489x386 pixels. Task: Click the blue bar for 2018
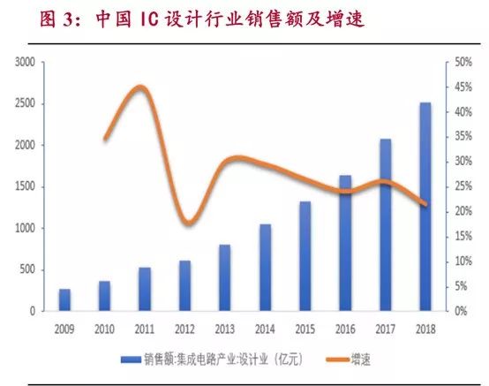tap(425, 207)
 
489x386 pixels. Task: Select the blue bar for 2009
tap(64, 299)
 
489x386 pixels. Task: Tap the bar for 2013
tap(225, 277)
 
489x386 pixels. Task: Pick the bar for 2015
tap(305, 256)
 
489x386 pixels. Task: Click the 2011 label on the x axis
tap(145, 329)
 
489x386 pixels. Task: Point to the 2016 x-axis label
tap(345, 329)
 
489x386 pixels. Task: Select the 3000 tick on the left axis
tap(25, 62)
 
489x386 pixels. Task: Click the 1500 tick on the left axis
tap(25, 186)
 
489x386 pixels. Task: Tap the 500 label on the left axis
tap(27, 269)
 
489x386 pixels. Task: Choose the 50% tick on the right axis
tap(463, 62)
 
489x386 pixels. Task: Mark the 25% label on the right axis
tap(463, 186)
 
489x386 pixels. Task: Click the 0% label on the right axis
tap(461, 311)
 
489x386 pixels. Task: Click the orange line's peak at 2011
tap(141, 87)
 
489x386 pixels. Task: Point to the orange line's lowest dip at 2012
tap(188, 223)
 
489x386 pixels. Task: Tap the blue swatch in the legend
tap(131, 360)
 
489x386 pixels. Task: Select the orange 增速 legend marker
tap(338, 360)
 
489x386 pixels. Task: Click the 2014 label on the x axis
tap(265, 329)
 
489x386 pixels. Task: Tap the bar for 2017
tap(386, 225)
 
